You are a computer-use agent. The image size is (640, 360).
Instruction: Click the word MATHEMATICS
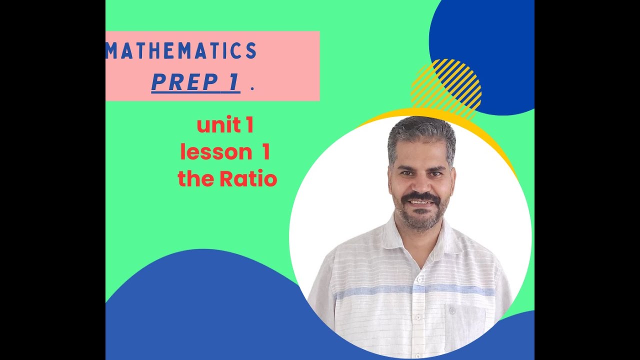[181, 51]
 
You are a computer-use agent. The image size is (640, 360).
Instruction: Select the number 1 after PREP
[232, 83]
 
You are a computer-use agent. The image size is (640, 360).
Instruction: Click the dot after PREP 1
[252, 88]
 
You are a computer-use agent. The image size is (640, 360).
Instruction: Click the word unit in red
[218, 125]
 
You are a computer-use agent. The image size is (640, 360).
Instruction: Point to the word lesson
[215, 152]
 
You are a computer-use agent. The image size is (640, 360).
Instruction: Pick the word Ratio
[248, 178]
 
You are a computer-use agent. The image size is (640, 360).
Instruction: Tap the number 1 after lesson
[265, 152]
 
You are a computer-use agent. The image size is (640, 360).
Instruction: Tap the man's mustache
[421, 196]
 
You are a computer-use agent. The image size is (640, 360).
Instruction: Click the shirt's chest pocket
[464, 325]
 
